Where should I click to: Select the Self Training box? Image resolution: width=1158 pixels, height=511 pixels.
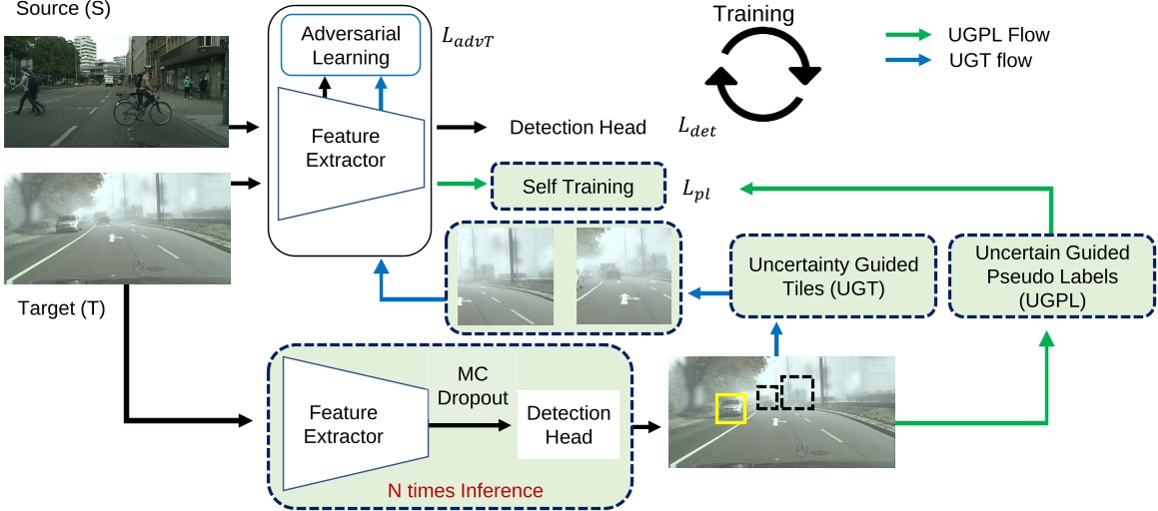click(x=579, y=187)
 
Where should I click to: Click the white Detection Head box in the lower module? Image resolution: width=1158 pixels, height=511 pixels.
click(x=568, y=425)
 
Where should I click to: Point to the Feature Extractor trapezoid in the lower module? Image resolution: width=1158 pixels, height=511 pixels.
click(x=344, y=424)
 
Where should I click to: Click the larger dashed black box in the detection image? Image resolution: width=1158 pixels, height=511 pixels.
click(x=796, y=391)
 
